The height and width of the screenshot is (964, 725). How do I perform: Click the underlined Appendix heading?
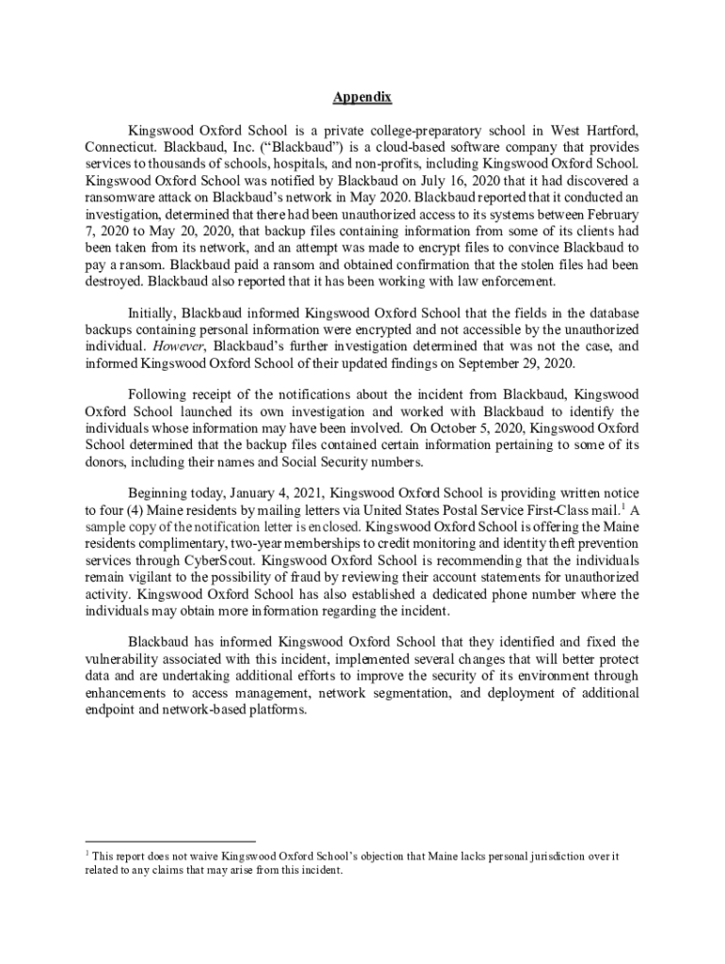coord(362,98)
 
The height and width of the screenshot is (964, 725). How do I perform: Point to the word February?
coord(610,214)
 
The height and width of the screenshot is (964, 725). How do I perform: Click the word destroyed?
coord(113,281)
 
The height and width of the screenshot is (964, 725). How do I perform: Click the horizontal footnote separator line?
coord(170,841)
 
